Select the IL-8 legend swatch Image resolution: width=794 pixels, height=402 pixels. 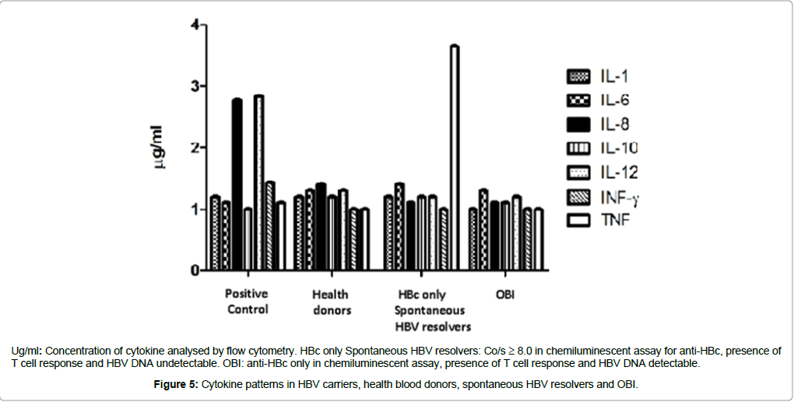click(578, 124)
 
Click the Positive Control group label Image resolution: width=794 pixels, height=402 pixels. click(247, 302)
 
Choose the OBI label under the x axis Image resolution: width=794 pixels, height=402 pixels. click(504, 295)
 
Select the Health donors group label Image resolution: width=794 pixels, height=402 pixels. click(330, 302)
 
